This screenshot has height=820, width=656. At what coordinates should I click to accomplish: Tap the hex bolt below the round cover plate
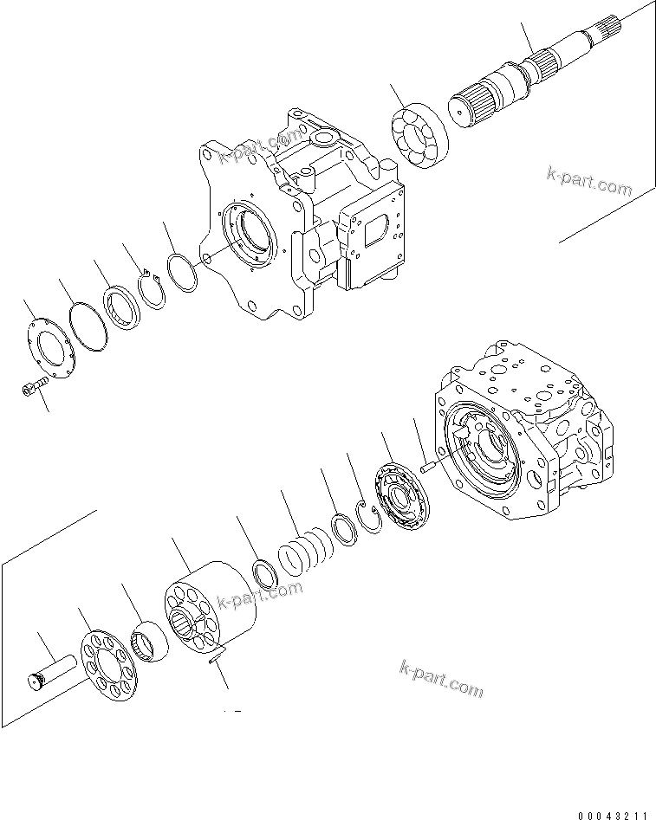[32, 390]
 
